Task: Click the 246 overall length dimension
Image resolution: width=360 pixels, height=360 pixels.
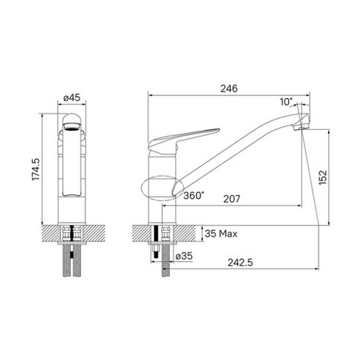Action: (229, 89)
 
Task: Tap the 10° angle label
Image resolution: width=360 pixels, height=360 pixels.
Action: (286, 101)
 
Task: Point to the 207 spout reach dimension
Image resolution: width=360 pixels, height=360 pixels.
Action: (232, 199)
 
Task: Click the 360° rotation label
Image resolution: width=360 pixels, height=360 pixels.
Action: (194, 196)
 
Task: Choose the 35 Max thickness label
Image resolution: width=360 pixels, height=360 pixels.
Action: (221, 233)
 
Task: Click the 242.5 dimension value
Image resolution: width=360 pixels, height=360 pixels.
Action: (240, 262)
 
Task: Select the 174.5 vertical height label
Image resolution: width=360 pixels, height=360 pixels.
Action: (35, 169)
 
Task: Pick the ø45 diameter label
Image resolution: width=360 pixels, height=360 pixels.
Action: (72, 97)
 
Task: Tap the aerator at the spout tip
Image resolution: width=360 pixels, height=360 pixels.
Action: (299, 127)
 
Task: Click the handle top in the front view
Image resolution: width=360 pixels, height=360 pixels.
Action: (72, 120)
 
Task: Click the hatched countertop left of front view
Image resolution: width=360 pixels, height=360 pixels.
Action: (51, 233)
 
